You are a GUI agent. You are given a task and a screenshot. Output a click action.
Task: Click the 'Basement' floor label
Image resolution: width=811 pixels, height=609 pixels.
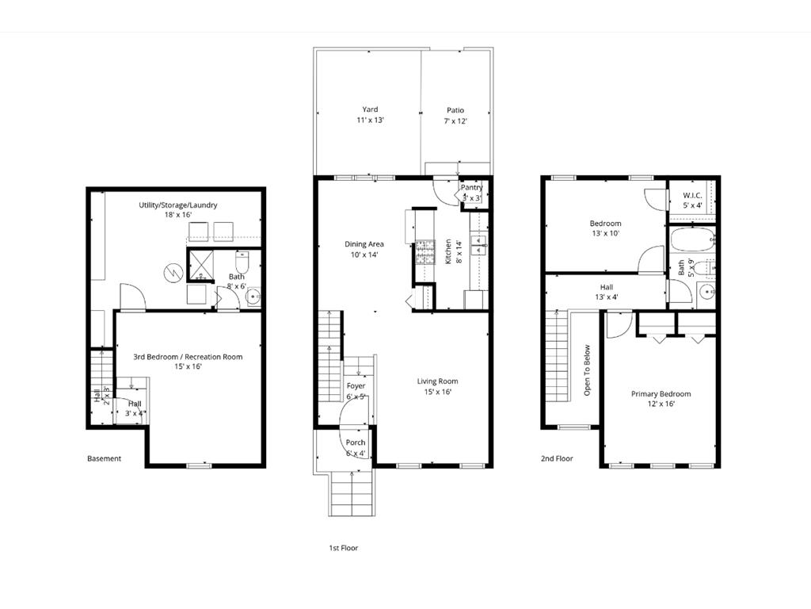click(104, 458)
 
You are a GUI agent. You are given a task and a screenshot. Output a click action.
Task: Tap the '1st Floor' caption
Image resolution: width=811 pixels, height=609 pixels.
click(343, 548)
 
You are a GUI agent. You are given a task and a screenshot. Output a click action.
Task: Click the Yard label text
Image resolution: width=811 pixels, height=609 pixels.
click(370, 109)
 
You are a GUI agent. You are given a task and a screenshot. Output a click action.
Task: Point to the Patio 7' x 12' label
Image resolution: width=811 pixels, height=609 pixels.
click(455, 116)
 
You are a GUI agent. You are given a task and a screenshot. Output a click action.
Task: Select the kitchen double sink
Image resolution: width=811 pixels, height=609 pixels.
click(479, 244)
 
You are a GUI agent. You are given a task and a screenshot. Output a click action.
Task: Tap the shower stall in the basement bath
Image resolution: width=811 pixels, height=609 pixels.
click(200, 265)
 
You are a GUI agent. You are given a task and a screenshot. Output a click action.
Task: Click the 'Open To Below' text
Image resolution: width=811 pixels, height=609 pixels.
click(587, 370)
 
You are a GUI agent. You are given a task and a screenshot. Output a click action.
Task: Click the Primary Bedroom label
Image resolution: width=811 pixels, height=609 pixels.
click(661, 394)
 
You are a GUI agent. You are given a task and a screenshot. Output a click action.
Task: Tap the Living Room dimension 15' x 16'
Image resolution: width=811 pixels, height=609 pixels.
click(437, 392)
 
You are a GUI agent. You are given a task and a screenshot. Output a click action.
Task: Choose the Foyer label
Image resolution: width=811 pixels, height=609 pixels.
click(356, 386)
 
